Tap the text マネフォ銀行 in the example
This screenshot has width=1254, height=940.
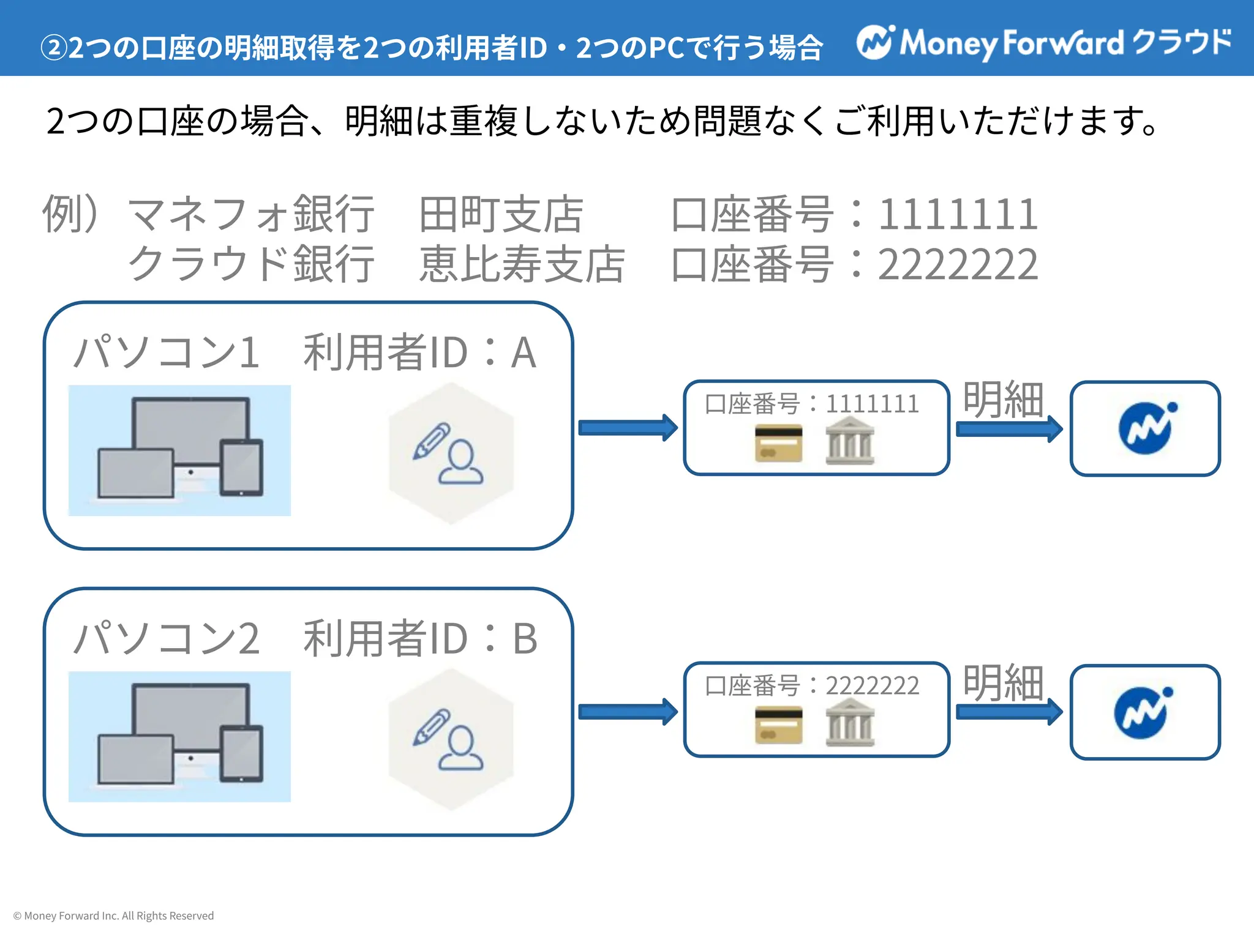(x=250, y=215)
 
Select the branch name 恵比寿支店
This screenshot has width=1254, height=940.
(x=522, y=264)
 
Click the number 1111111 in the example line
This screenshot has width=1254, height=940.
(x=958, y=215)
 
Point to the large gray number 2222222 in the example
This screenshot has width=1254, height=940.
(x=958, y=264)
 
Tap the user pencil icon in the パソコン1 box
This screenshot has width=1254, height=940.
(x=450, y=453)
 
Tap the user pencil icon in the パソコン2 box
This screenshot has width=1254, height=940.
(x=450, y=740)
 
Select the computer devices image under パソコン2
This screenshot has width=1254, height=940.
(x=179, y=736)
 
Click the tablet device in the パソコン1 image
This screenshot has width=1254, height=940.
(x=241, y=468)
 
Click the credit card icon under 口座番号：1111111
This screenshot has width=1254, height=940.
(x=778, y=443)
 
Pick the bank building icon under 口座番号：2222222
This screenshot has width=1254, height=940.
(x=850, y=726)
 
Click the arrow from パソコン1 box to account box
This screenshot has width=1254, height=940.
(x=628, y=427)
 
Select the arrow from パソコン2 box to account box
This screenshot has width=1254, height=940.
(x=628, y=712)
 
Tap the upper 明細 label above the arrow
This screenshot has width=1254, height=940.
(x=1003, y=400)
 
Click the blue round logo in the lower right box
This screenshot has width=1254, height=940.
(x=1143, y=713)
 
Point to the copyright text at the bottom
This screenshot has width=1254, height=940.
(x=113, y=916)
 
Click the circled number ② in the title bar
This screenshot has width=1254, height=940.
(x=53, y=48)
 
